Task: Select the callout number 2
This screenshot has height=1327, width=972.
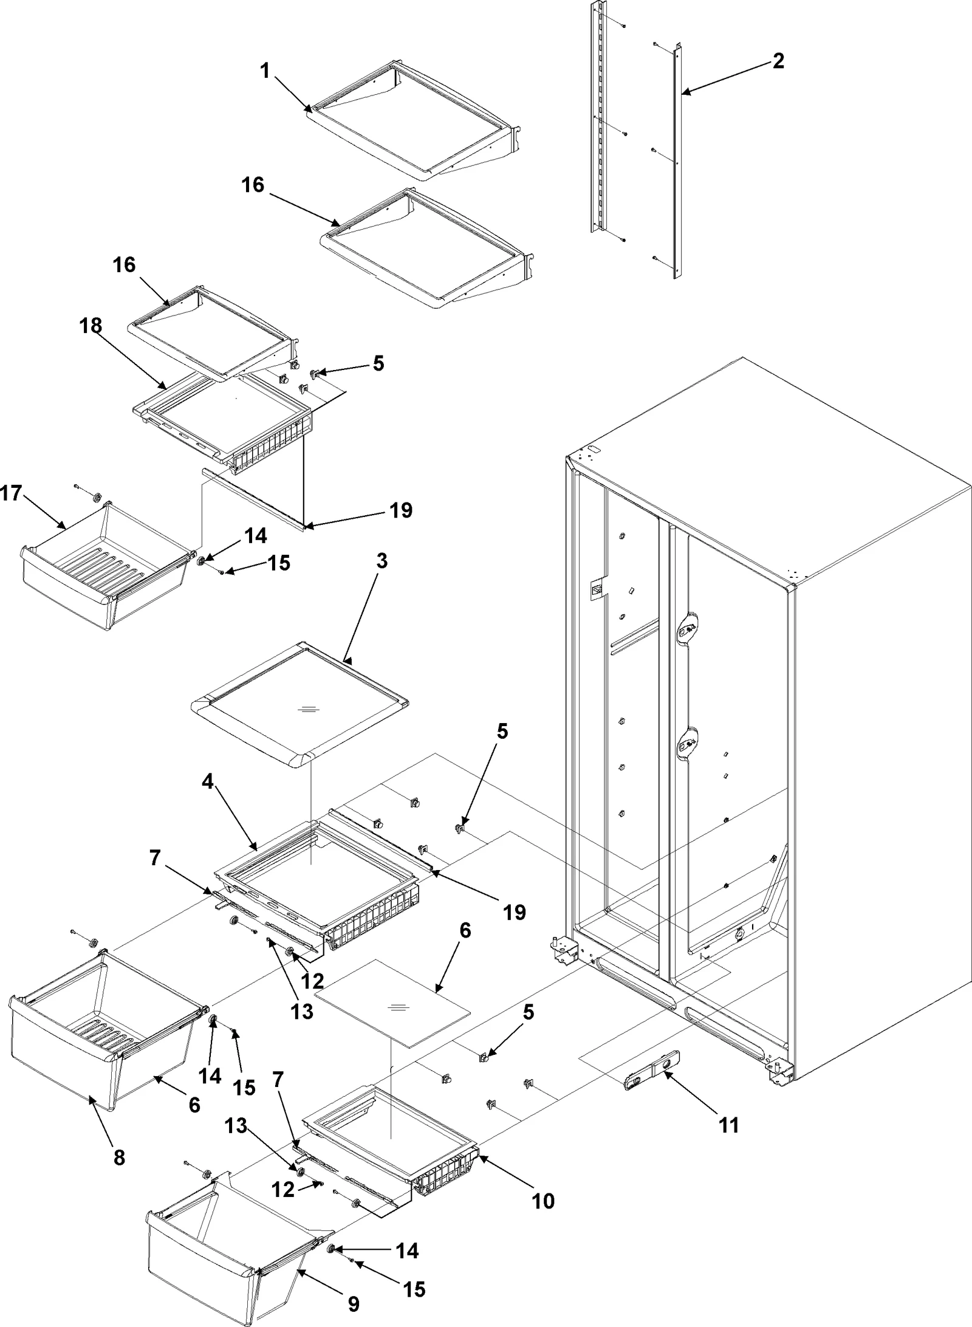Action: [x=778, y=61]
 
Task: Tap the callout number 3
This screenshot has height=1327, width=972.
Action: [x=381, y=561]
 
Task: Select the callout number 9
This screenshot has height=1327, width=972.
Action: [x=354, y=1298]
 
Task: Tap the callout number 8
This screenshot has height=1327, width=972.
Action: [x=119, y=1157]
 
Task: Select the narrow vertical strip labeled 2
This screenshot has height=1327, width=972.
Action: [x=676, y=164]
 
